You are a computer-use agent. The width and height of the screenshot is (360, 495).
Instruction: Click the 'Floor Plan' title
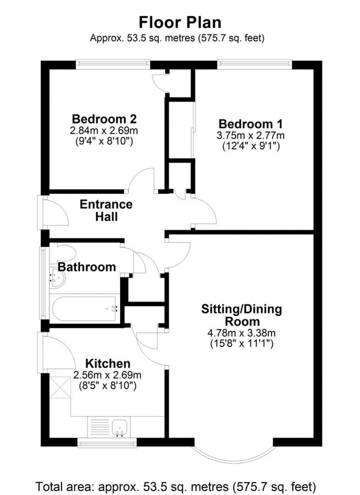point(180,22)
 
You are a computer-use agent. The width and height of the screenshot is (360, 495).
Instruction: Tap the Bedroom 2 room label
point(104,119)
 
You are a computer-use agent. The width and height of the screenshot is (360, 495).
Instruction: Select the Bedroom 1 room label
point(251,124)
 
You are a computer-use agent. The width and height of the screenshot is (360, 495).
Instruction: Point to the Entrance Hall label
point(106,210)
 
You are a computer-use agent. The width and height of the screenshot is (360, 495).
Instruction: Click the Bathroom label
point(87,267)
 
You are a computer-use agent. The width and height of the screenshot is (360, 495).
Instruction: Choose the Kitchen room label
point(108,364)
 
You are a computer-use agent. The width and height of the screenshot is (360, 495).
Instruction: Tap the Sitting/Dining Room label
point(242,315)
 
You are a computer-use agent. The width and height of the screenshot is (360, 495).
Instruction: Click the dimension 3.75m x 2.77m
point(251,136)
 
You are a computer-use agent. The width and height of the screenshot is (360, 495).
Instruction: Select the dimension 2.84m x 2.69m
point(104,130)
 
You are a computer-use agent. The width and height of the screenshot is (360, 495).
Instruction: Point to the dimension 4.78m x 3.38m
point(242,333)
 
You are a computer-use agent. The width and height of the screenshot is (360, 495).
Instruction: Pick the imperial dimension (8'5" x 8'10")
point(108,386)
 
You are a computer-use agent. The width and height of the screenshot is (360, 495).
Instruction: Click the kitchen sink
point(120,428)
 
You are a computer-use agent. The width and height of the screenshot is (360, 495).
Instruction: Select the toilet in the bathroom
point(66,253)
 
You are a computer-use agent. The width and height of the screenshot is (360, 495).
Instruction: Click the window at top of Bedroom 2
point(113,65)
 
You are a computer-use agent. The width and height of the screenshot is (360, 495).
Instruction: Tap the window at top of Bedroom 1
point(255,65)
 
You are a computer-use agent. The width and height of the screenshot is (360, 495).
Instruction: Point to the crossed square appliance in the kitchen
point(60,387)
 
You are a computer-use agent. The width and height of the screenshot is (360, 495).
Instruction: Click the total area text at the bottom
point(176,487)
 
